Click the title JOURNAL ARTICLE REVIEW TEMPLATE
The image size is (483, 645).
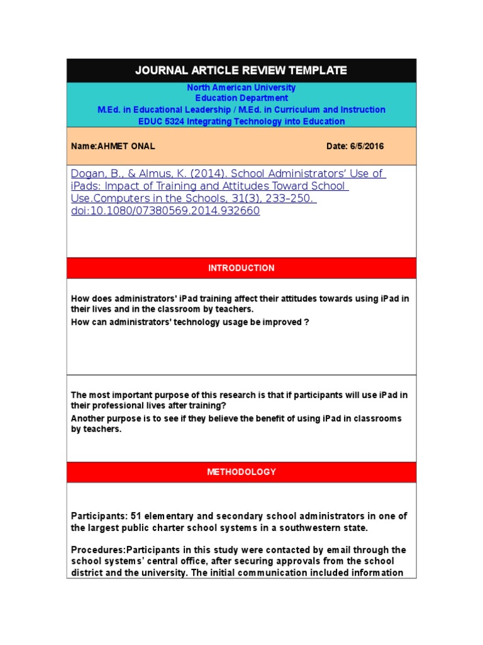[x=241, y=71]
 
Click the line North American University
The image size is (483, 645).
[x=241, y=88]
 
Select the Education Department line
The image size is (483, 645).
[x=241, y=98]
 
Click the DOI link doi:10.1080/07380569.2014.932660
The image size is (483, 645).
[x=165, y=211]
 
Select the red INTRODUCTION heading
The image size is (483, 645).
[x=241, y=268]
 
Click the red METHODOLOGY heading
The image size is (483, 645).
[x=241, y=472]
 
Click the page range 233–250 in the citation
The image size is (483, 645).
[x=292, y=198]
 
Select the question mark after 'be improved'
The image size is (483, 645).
[x=307, y=322]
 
